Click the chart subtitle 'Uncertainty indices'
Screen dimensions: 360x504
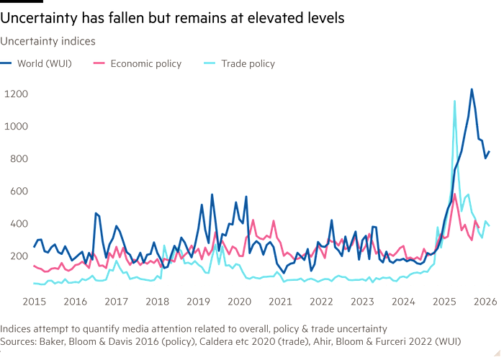point(48,42)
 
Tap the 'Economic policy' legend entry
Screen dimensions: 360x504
point(145,64)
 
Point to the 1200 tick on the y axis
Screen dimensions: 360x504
point(16,94)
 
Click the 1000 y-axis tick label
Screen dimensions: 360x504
point(16,126)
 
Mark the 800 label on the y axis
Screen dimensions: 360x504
point(17,158)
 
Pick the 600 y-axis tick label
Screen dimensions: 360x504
point(17,191)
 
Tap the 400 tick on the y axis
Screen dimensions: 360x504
point(17,224)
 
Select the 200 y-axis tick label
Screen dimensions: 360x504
point(17,256)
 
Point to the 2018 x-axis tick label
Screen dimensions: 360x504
point(157,300)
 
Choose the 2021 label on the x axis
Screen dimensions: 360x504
point(280,300)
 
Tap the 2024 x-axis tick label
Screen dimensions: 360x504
point(404,300)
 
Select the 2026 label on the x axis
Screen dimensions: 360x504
point(486,300)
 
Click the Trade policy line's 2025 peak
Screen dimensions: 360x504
point(454,100)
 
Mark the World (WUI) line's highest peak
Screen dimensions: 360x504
point(472,89)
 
